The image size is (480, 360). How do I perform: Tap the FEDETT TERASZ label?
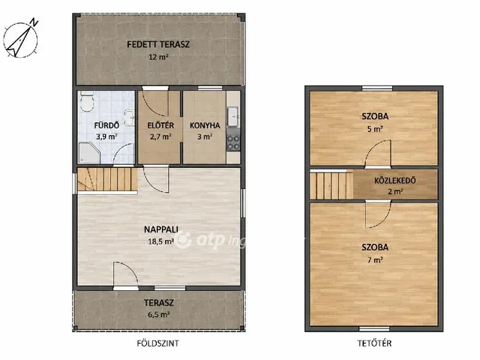click(158, 44)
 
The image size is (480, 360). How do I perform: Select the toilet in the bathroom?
click(87, 102)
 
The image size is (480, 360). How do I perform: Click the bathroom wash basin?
click(130, 117)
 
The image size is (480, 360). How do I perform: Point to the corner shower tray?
click(88, 152)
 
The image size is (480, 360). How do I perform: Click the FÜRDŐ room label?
click(106, 125)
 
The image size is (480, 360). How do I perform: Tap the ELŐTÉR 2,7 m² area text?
click(160, 136)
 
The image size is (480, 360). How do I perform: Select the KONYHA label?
click(205, 125)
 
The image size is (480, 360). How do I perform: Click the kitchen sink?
click(233, 116)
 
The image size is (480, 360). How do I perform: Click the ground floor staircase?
click(107, 179)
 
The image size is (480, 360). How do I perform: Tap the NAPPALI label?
click(161, 229)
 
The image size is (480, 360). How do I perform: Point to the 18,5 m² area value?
click(161, 241)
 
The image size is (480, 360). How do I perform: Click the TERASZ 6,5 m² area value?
click(159, 314)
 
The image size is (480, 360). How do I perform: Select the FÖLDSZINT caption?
click(157, 343)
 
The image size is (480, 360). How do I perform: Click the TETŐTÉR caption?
click(374, 343)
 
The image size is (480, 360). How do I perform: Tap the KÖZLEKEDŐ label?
click(395, 180)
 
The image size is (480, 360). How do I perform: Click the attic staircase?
click(331, 185)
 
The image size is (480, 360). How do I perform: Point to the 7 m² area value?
click(375, 260)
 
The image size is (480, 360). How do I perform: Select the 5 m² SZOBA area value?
click(375, 129)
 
